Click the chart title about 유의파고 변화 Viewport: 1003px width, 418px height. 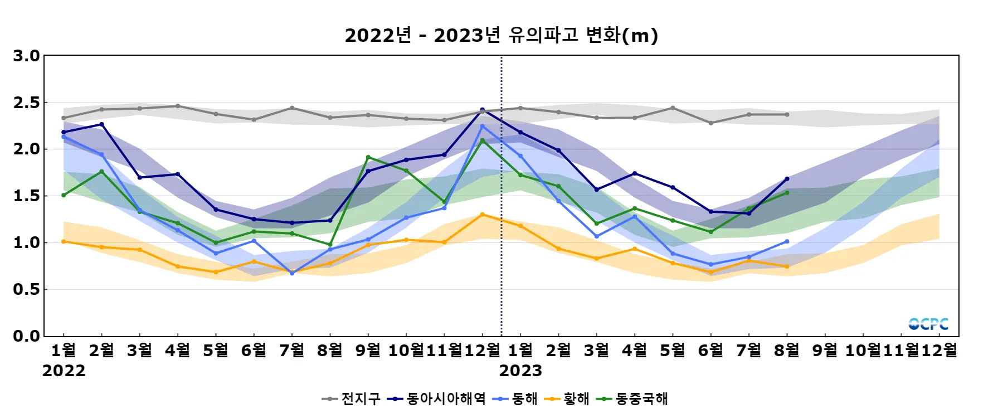pos(501,35)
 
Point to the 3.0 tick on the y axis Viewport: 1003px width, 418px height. pos(27,56)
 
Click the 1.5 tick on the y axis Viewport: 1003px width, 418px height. pos(27,196)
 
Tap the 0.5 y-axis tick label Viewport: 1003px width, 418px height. pos(27,289)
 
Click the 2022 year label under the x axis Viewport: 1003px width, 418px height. pos(64,371)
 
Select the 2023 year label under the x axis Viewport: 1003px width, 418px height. pos(520,371)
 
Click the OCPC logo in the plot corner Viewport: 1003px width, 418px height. pos(928,324)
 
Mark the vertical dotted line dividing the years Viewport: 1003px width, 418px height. pos(501,223)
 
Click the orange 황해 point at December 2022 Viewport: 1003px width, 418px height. pos(483,215)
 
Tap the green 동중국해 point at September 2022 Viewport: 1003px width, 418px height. pos(368,157)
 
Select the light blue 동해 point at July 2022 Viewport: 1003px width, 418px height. pos(292,273)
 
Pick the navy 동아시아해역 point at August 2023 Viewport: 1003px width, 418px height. pos(787,179)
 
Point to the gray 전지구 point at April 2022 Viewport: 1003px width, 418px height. pos(178,106)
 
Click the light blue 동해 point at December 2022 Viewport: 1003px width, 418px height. pos(483,126)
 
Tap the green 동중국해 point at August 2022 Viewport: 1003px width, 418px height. pos(330,245)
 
